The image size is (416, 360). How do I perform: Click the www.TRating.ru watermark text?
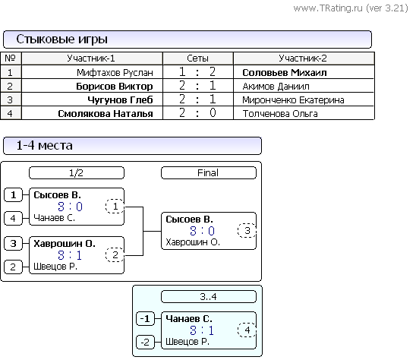(x=351, y=8)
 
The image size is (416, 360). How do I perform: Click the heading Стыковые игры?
(x=62, y=39)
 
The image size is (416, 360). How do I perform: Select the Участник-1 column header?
(x=91, y=58)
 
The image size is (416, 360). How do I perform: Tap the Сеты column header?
(x=197, y=58)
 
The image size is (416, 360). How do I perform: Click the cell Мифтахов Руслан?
(x=115, y=72)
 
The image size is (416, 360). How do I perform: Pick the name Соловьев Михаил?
(x=285, y=72)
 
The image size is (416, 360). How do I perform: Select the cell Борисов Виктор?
(x=115, y=87)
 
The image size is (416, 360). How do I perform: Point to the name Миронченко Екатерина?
(x=293, y=100)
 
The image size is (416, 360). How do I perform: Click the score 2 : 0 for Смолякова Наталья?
(x=197, y=113)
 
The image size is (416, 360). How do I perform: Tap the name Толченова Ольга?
(x=280, y=114)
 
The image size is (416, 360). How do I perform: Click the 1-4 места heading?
(x=44, y=146)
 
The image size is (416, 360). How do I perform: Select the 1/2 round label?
(x=77, y=173)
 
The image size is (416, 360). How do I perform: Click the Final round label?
(x=209, y=173)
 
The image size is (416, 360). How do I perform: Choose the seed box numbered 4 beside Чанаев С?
(x=13, y=218)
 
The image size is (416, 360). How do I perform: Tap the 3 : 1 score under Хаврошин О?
(x=70, y=255)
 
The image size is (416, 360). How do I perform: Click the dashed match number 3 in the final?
(x=247, y=230)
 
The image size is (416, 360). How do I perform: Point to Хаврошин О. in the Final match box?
(x=193, y=242)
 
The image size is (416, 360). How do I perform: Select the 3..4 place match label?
(x=209, y=296)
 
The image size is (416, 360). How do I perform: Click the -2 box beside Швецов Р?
(x=145, y=342)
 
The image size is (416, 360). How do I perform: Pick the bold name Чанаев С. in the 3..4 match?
(x=189, y=318)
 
